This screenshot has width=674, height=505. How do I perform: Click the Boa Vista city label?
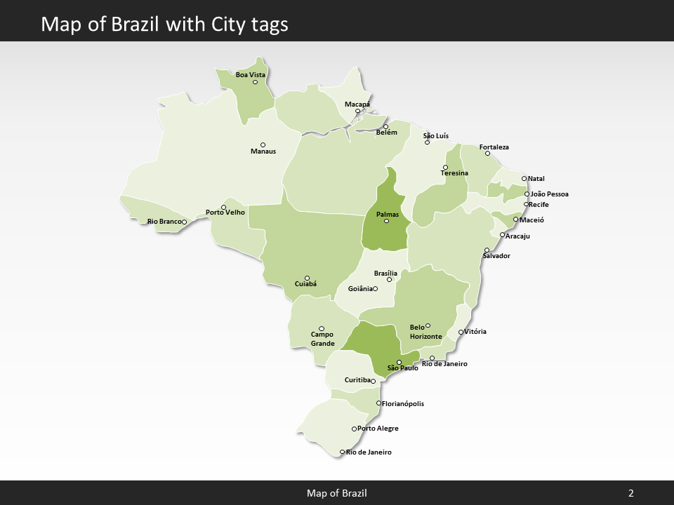pos(250,74)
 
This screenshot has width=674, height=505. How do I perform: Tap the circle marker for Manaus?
pos(263,145)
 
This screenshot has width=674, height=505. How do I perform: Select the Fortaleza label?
pos(494,147)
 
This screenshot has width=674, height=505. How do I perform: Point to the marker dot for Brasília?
pos(390,280)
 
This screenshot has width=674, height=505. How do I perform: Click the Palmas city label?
pos(388,214)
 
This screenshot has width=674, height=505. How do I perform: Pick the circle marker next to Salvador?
pos(487,250)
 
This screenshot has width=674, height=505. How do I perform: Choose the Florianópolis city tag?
pos(403,404)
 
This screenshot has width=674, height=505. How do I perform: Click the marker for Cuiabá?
pos(307,278)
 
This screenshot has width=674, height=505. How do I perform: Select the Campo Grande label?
pos(322,339)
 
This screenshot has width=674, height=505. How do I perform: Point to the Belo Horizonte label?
pos(425,332)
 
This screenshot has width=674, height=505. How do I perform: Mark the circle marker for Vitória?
pos(461,332)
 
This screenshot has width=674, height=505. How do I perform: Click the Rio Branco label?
pos(164,222)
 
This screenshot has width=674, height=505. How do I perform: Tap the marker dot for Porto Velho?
pos(223,208)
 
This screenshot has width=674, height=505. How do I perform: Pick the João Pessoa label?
pos(550,194)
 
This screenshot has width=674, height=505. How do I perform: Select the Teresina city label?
pos(454,173)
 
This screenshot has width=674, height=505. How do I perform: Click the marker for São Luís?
pos(427,142)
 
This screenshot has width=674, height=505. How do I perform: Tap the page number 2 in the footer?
pos(630,494)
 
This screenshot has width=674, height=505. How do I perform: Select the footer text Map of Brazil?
pos(336,494)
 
